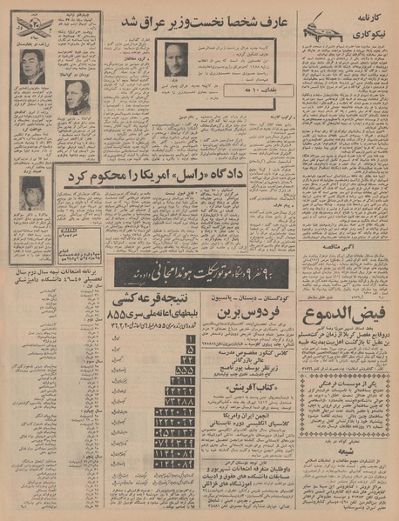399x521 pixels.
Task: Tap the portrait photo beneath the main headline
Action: click(177, 60)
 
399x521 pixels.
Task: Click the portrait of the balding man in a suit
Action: click(32, 67)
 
